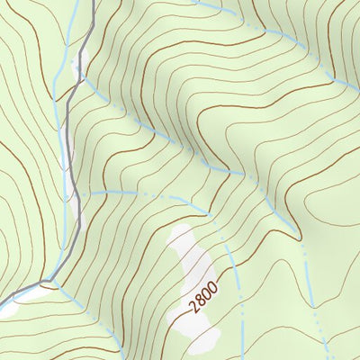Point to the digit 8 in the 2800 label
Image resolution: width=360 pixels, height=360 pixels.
point(201,299)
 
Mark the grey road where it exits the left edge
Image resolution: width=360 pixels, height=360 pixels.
point(3,299)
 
